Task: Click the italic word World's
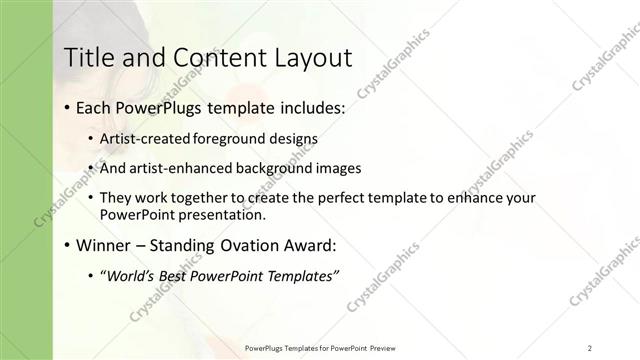point(134,275)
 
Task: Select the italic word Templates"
point(300,275)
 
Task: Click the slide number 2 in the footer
point(589,347)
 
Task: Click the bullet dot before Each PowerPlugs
point(66,107)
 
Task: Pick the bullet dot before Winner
point(66,246)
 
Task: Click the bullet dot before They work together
point(91,199)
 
